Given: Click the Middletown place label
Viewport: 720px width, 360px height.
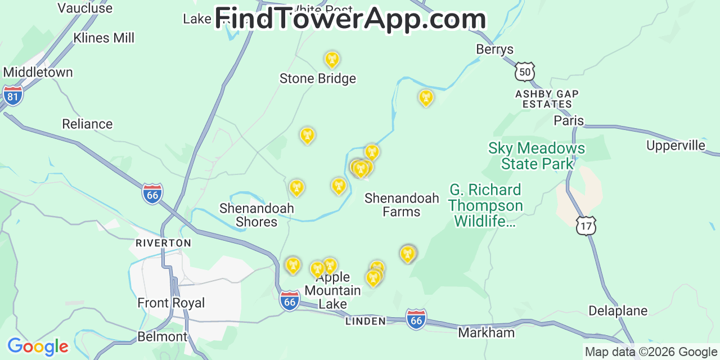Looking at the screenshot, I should pyautogui.click(x=38, y=73).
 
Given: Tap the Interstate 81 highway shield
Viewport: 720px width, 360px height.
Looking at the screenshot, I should pyautogui.click(x=12, y=96).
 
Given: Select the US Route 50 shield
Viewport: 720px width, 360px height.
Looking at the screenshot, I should pyautogui.click(x=524, y=71).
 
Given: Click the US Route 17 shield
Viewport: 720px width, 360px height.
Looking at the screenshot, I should pyautogui.click(x=586, y=226).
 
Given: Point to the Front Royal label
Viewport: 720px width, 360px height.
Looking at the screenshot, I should pyautogui.click(x=171, y=303).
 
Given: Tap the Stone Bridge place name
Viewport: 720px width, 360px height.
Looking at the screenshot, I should pyautogui.click(x=318, y=79).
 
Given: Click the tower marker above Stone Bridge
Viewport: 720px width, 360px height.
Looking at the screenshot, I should pyautogui.click(x=332, y=59).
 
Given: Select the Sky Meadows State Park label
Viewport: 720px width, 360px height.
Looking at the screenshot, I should pyautogui.click(x=537, y=156).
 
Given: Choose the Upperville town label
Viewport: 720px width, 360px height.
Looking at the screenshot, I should pyautogui.click(x=676, y=146).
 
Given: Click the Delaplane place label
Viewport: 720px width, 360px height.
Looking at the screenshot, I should pyautogui.click(x=618, y=310).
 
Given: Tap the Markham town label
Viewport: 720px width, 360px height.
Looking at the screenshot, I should pyautogui.click(x=486, y=332).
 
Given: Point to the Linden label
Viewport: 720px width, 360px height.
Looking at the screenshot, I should pyautogui.click(x=366, y=321).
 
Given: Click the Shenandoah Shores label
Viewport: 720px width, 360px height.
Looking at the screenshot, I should pyautogui.click(x=256, y=215).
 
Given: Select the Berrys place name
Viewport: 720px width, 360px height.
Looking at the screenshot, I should pyautogui.click(x=495, y=49).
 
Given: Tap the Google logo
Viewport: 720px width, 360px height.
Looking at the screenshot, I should pyautogui.click(x=37, y=346).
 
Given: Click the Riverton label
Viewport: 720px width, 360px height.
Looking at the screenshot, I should pyautogui.click(x=163, y=243).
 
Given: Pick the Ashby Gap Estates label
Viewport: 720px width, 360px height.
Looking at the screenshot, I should pyautogui.click(x=547, y=99).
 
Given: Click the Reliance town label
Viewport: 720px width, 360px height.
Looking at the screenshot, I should pyautogui.click(x=87, y=124).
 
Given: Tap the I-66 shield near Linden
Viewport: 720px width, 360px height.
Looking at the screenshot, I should pyautogui.click(x=416, y=319).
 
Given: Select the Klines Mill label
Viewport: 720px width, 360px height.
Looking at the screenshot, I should pyautogui.click(x=104, y=38).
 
